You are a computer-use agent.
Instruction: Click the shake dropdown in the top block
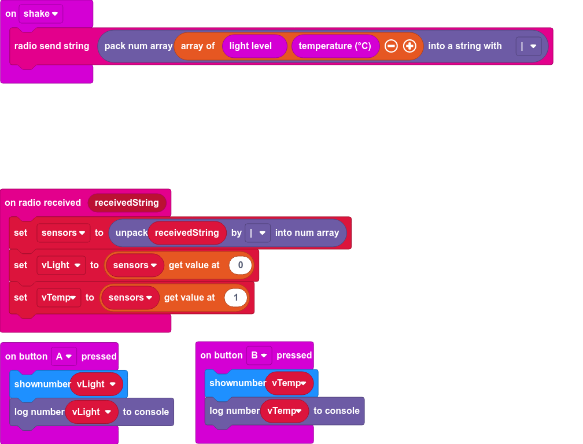(40, 14)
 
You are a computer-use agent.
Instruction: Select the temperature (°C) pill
(335, 46)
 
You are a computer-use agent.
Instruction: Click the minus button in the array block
(391, 46)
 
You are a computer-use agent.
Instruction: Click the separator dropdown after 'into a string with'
(528, 46)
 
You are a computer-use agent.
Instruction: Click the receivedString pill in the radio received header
(127, 203)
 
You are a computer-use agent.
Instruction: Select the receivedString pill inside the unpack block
(187, 233)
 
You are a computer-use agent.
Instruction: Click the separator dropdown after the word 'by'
(257, 233)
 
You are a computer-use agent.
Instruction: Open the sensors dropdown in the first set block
(64, 233)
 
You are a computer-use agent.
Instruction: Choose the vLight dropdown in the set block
(61, 265)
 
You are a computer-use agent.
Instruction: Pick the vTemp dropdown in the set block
(58, 298)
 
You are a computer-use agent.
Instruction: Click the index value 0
(240, 265)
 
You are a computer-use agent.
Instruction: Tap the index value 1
(235, 298)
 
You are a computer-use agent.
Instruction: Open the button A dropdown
(64, 357)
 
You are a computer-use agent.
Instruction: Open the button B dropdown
(259, 356)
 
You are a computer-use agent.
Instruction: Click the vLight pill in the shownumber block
(96, 384)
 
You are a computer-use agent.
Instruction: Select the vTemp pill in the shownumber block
(289, 383)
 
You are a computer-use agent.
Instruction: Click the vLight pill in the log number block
(91, 412)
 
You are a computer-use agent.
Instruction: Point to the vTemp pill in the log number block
(285, 411)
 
